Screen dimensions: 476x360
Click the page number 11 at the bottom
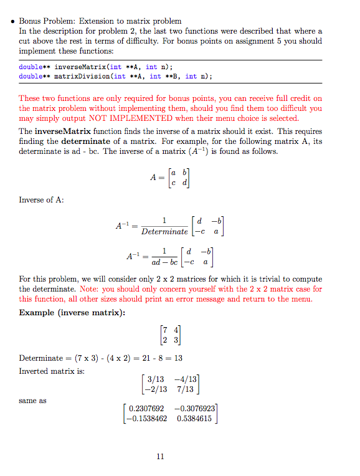tap(160, 457)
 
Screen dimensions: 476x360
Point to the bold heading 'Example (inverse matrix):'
tap(72, 312)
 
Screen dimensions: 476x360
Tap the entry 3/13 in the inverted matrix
tap(155, 379)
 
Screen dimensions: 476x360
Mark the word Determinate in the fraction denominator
tap(164, 231)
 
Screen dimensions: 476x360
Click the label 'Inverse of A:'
tap(42, 200)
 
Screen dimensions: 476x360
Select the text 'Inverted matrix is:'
tap(52, 371)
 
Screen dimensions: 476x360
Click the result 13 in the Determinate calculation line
tap(178, 358)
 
